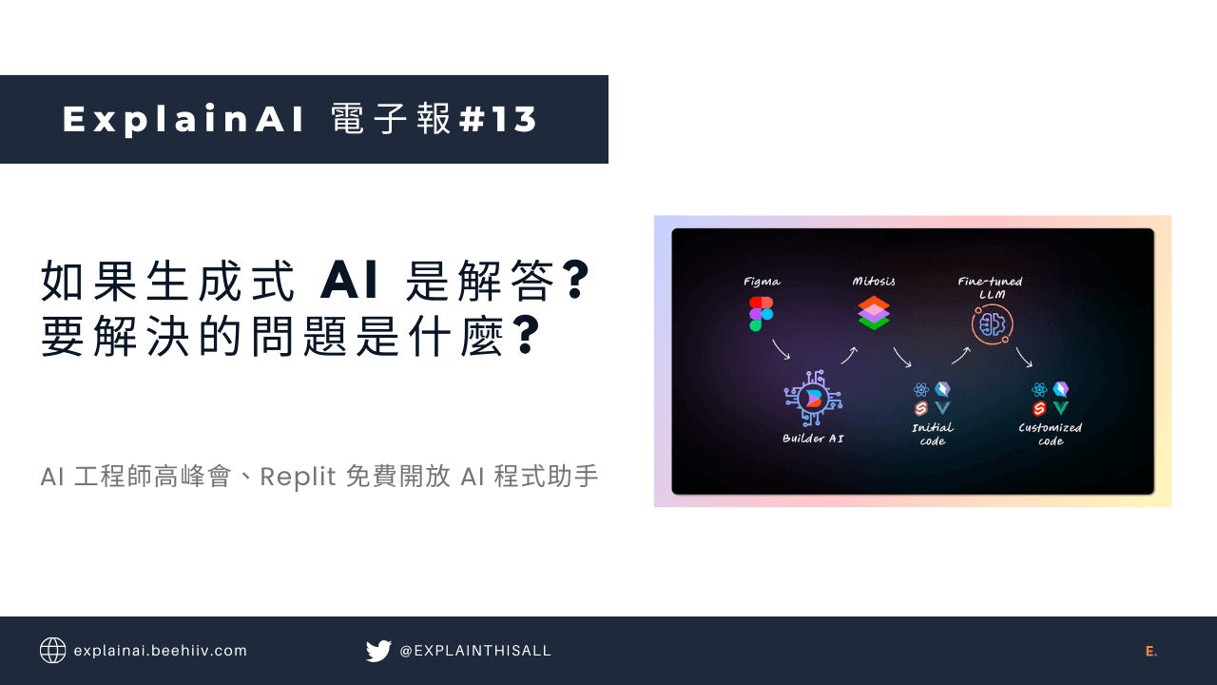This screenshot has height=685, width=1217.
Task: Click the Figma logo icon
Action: pos(761,313)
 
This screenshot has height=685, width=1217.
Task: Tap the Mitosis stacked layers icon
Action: pos(873,312)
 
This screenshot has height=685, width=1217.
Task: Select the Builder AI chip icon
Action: pos(813,400)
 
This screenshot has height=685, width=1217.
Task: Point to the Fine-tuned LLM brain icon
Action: pos(992,324)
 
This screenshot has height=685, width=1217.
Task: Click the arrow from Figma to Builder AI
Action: pos(781,348)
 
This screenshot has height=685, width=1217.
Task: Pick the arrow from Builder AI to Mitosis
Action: pos(849,355)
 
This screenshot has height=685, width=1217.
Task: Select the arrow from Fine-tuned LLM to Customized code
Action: pos(1024,357)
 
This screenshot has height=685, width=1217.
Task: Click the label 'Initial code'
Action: pos(932,434)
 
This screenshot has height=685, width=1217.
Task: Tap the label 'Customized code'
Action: pos(1050,434)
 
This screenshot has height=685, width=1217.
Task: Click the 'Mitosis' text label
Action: pos(873,282)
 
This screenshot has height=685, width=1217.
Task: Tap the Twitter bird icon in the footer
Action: pos(378,651)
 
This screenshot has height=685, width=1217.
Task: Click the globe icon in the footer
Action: pos(52,651)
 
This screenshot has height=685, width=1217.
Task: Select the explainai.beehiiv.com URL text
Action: pos(160,651)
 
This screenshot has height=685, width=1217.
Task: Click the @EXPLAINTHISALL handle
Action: pos(475,651)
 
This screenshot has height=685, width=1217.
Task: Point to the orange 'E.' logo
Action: pos(1151,652)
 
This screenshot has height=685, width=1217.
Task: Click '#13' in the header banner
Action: pos(498,120)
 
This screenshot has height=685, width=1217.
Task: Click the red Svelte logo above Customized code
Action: pos(1039,408)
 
